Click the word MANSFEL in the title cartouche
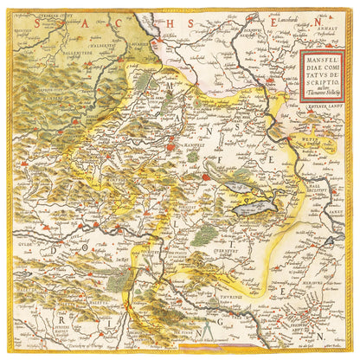pyautogui.click(x=321, y=61)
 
